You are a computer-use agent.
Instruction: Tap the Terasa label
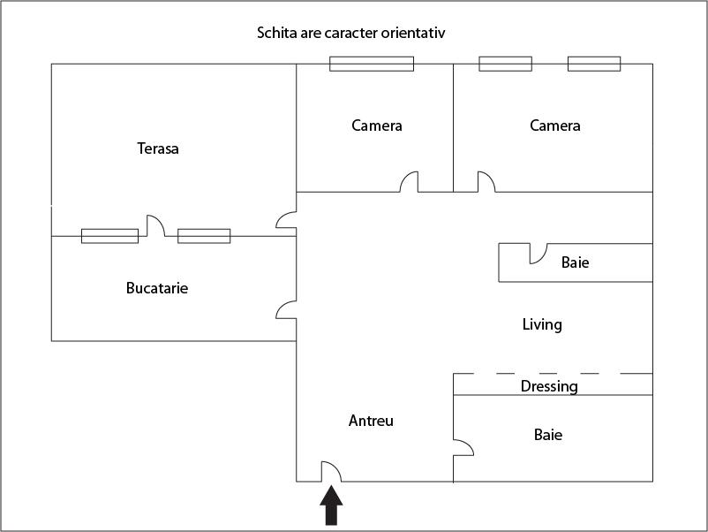(x=158, y=148)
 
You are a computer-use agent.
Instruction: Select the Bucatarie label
(x=157, y=288)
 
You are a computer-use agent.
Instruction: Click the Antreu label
(x=371, y=421)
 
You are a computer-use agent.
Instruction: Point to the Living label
(x=542, y=324)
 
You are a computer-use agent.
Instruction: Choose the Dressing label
(x=549, y=386)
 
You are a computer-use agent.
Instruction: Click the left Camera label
(x=377, y=125)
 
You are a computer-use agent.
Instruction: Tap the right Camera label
(x=555, y=125)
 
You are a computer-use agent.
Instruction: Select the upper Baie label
(x=575, y=262)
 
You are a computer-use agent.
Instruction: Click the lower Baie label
(x=548, y=435)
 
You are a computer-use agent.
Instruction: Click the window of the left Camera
(x=372, y=64)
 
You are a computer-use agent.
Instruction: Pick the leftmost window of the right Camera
(x=505, y=64)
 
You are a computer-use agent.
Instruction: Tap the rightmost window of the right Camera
(x=593, y=64)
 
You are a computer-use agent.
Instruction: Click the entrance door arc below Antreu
(x=330, y=473)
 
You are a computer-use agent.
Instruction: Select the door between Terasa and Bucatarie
(x=155, y=227)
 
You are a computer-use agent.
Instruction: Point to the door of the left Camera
(x=409, y=182)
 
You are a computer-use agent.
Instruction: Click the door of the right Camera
(x=486, y=182)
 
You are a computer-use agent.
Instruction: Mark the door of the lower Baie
(x=463, y=447)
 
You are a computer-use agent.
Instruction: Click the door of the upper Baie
(x=537, y=255)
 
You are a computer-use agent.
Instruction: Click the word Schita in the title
(x=275, y=34)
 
